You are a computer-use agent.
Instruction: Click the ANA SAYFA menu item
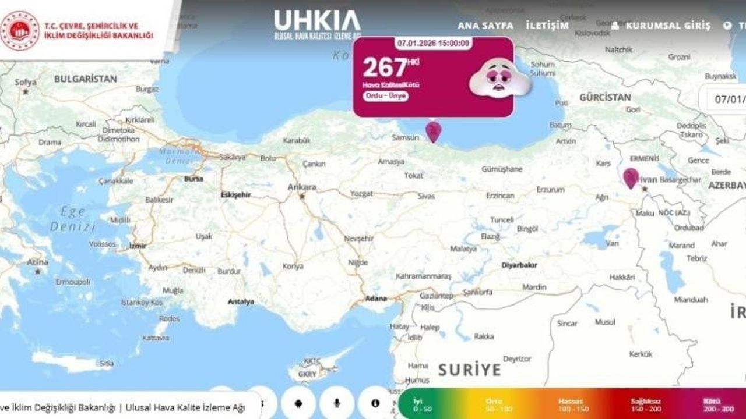pyautogui.click(x=485, y=26)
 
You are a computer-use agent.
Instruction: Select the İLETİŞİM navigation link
pyautogui.click(x=547, y=26)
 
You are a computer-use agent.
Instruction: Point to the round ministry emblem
pyautogui.click(x=20, y=30)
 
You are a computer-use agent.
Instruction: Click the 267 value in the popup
pyautogui.click(x=385, y=68)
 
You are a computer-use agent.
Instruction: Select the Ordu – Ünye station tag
pyautogui.click(x=386, y=96)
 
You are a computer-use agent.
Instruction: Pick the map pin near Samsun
pyautogui.click(x=433, y=131)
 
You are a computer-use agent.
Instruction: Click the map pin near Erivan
pyautogui.click(x=630, y=177)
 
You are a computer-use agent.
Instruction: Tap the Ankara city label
pyautogui.click(x=302, y=187)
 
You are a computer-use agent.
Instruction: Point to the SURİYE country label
pyautogui.click(x=469, y=370)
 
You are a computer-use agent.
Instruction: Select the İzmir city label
pyautogui.click(x=138, y=246)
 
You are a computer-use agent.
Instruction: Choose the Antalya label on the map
pyautogui.click(x=241, y=301)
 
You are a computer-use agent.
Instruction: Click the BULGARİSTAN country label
pyautogui.click(x=86, y=79)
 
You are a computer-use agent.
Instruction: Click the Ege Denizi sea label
pyautogui.click(x=72, y=219)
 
